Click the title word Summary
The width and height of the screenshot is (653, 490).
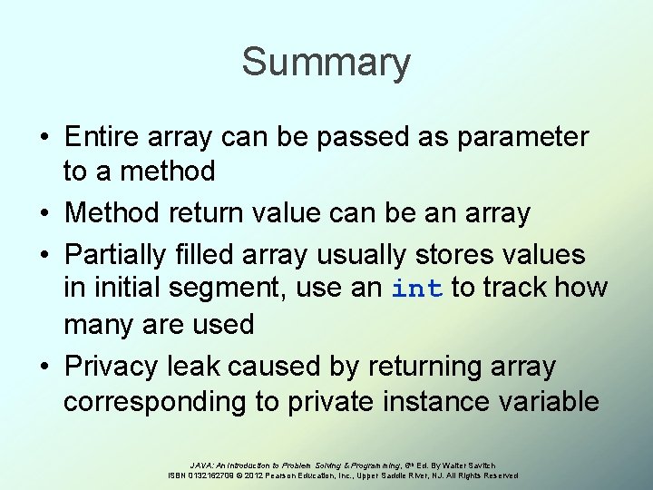tap(326, 63)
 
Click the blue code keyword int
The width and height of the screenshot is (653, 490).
tap(417, 289)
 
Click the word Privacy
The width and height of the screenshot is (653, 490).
tap(113, 367)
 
